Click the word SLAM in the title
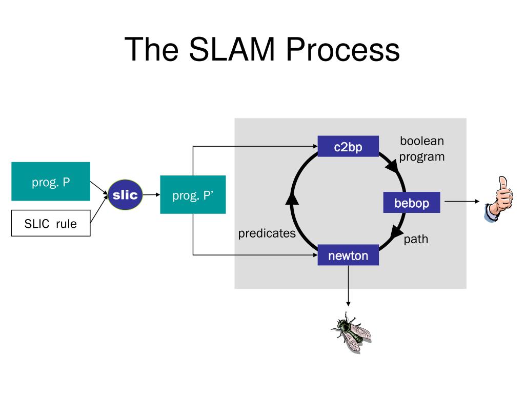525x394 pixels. pos(232,49)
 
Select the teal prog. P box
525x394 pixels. pos(51,181)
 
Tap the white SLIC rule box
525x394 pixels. pos(51,223)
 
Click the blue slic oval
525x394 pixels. pos(125,194)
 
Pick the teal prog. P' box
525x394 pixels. pos(193,194)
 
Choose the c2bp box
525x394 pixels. pos(348,146)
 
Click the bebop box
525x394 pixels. pos(412,202)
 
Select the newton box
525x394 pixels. pos(348,255)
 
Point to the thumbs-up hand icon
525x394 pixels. pos(499,199)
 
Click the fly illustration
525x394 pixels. pos(351,332)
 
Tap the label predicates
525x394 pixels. pos(267,233)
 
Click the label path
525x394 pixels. pos(416,239)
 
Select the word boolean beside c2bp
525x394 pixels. pos(422,141)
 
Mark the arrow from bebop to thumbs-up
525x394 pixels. pos(462,201)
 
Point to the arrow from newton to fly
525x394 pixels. pos(348,285)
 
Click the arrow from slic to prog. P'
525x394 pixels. pos(151,194)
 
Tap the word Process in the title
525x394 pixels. pos(343,49)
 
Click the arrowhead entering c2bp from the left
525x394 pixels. pos(315,146)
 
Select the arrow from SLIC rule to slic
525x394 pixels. pos(99,209)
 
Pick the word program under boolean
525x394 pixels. pos(422,157)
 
